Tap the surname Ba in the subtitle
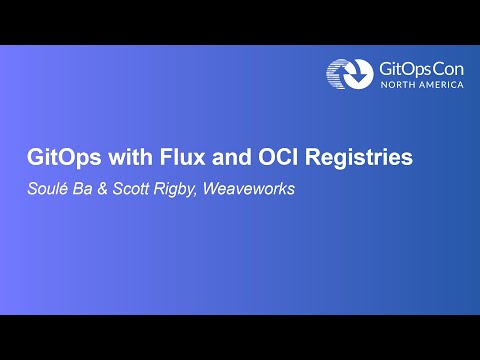tap(79, 187)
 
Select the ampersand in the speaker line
tap(97, 187)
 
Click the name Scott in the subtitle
tap(123, 187)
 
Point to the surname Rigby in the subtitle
tap(168, 187)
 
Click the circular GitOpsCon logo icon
tap(345, 73)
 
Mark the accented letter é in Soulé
tap(62, 187)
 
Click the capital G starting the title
tap(32, 158)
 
